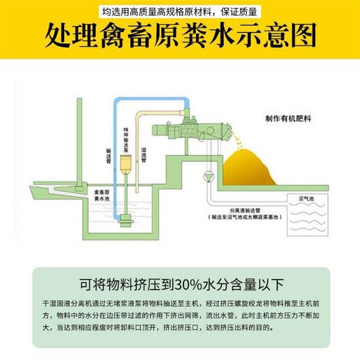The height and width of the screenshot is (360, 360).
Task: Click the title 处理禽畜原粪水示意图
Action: pos(180,35)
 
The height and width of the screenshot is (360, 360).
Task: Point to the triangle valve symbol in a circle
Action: pos(208,176)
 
